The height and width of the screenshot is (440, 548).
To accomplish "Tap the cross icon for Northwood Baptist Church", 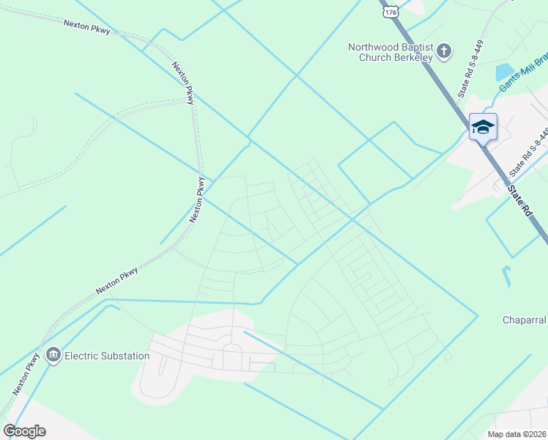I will coord(444,52).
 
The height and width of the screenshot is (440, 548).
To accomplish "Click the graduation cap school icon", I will coord(483,128).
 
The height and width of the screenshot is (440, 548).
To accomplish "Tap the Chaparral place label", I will coord(525,320).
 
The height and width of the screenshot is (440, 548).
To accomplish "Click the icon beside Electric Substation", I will coord(53,356).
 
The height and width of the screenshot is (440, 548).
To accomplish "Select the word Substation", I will coord(125,356).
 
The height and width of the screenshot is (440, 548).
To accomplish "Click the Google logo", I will coord(24,431).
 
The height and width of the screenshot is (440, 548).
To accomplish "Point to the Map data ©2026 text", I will coord(516,434).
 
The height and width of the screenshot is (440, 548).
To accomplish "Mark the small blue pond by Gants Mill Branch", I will coord(504,72).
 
